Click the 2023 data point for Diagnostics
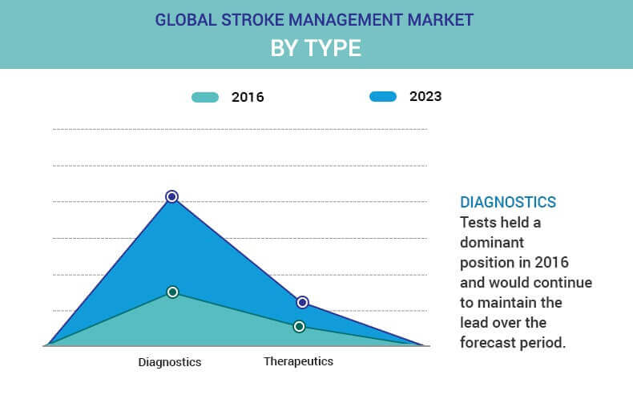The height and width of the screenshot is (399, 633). pyautogui.click(x=172, y=196)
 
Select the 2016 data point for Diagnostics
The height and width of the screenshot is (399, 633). pyautogui.click(x=172, y=292)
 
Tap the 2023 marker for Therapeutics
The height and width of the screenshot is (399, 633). pyautogui.click(x=302, y=302)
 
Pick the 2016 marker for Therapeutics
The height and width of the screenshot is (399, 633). pyautogui.click(x=299, y=326)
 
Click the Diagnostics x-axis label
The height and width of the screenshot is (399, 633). pyautogui.click(x=170, y=362)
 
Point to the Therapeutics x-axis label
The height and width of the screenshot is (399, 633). pyautogui.click(x=298, y=361)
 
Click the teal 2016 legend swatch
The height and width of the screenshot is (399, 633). pyautogui.click(x=205, y=97)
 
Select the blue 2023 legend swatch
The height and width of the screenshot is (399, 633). pyautogui.click(x=383, y=96)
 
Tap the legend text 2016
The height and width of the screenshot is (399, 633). pyautogui.click(x=248, y=97)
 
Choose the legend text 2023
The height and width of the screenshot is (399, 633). pyautogui.click(x=425, y=96)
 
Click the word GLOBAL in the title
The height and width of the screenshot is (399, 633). pyautogui.click(x=186, y=20)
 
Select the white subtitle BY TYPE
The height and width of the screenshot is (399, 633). pyautogui.click(x=316, y=48)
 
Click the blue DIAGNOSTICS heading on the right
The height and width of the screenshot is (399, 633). pyautogui.click(x=508, y=202)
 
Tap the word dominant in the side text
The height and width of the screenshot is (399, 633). pyautogui.click(x=492, y=242)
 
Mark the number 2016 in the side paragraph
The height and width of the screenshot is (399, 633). pyautogui.click(x=551, y=263)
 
